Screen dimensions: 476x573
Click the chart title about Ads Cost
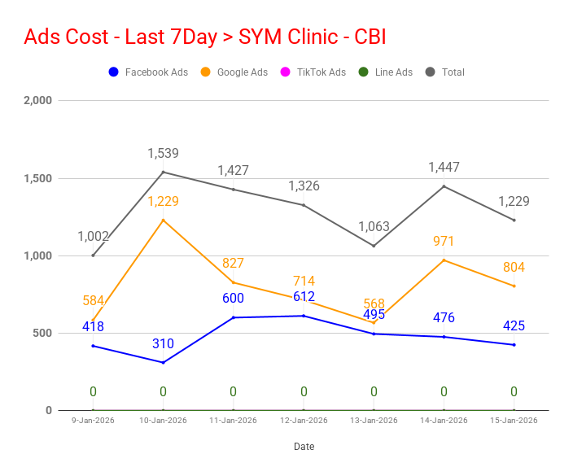(204, 37)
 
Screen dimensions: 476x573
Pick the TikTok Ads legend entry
(313, 72)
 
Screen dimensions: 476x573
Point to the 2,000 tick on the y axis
(37, 101)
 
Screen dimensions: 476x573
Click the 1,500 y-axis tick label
(37, 178)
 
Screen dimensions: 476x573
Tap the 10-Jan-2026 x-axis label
(163, 421)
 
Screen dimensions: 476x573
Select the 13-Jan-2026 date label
(374, 421)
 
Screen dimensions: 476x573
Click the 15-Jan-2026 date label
(514, 421)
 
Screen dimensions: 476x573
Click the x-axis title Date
(304, 447)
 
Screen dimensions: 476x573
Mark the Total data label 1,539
(163, 153)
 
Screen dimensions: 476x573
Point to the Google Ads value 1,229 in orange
(163, 202)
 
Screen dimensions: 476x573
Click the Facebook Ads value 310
(163, 344)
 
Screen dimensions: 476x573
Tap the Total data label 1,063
(374, 226)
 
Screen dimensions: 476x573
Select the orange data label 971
(444, 241)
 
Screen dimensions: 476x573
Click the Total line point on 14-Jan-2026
(444, 186)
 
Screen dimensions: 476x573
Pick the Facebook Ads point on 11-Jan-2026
(233, 317)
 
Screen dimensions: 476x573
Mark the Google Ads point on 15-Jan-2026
(514, 286)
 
